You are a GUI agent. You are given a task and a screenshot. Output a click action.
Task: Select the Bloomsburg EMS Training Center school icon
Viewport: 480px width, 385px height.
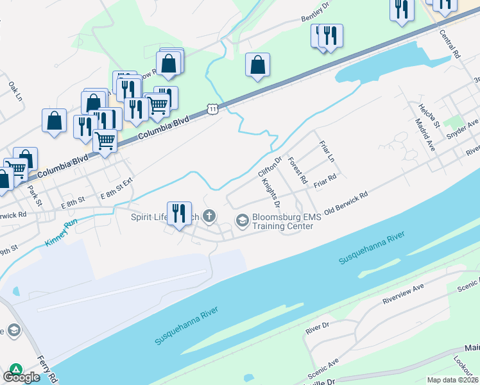[x=242, y=221]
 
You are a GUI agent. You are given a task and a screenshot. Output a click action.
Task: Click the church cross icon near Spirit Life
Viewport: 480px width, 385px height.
[x=209, y=216]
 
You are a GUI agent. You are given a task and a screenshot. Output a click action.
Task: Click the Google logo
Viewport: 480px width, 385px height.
[x=21, y=377]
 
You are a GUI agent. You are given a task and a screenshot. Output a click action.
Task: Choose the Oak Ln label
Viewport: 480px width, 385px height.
[x=15, y=92]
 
